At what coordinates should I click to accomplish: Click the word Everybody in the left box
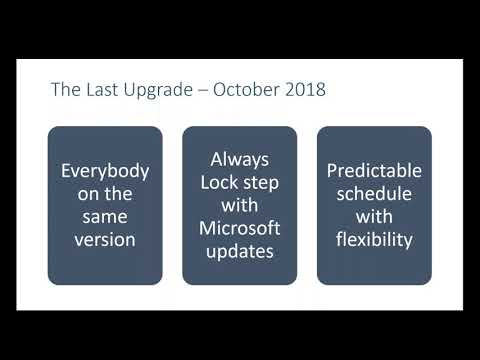click(x=104, y=170)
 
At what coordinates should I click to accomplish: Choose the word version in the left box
click(x=104, y=239)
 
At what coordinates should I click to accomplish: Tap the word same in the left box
click(x=104, y=216)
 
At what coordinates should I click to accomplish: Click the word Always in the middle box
click(x=239, y=158)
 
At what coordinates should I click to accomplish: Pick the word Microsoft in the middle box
click(x=239, y=227)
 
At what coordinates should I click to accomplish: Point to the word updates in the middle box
click(x=239, y=250)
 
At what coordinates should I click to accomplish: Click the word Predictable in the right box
click(x=374, y=170)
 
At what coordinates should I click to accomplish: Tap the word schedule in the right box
click(x=374, y=193)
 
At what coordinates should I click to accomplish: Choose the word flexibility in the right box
click(x=374, y=239)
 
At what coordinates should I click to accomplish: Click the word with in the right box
click(x=374, y=216)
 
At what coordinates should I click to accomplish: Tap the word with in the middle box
click(x=239, y=204)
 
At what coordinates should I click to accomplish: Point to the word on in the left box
click(x=90, y=193)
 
